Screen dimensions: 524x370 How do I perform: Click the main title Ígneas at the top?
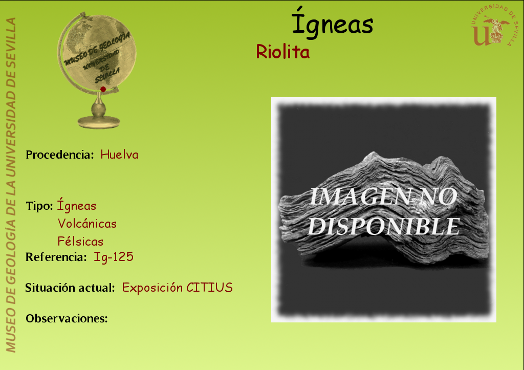333,23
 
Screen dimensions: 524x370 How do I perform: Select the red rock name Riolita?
282,52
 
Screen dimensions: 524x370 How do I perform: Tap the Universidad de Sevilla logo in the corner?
494,26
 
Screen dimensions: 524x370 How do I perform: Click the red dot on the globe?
103,89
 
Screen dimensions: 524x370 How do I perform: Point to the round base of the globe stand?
99,122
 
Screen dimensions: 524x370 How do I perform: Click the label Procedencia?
60,155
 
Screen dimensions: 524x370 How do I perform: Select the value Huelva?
119,155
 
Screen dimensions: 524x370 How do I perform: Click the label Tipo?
39,206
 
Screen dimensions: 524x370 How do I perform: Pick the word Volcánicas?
87,223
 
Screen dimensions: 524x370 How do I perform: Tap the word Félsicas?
80,241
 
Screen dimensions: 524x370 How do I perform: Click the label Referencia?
56,257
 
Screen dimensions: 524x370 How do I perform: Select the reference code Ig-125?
114,257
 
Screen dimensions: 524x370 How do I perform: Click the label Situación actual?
70,288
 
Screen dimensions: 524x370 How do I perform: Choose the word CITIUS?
209,288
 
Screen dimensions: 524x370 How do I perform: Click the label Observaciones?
67,318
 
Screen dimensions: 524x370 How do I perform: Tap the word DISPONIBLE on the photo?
384,226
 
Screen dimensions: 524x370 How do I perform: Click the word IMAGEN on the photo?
360,197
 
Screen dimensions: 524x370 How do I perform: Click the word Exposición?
152,288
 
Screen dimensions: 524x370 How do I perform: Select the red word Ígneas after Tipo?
77,204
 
